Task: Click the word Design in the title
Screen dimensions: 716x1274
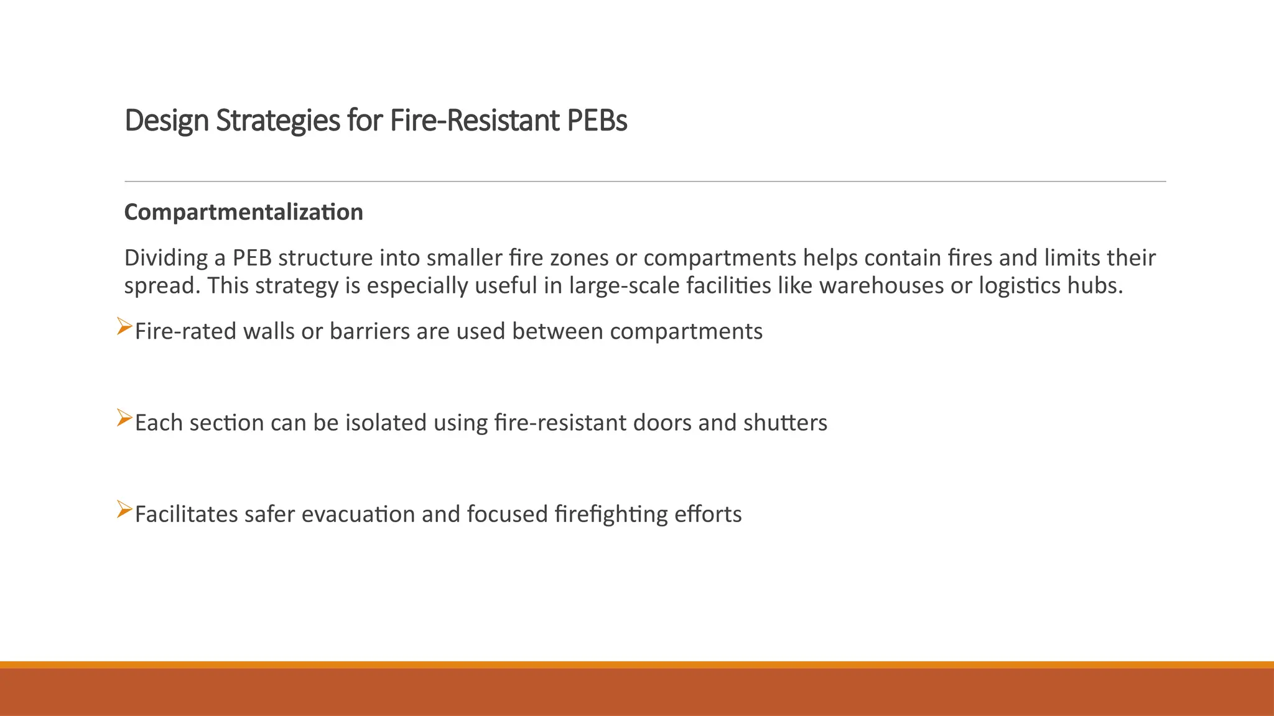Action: pos(166,121)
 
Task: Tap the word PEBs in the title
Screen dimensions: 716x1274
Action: pos(597,121)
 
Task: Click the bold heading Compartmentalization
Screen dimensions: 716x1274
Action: pos(243,213)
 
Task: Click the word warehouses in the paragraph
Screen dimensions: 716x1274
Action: pos(881,286)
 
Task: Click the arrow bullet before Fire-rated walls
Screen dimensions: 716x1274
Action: pos(124,327)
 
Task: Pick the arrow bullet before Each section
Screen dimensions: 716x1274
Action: pos(124,418)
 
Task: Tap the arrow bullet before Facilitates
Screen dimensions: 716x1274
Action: pos(124,510)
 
